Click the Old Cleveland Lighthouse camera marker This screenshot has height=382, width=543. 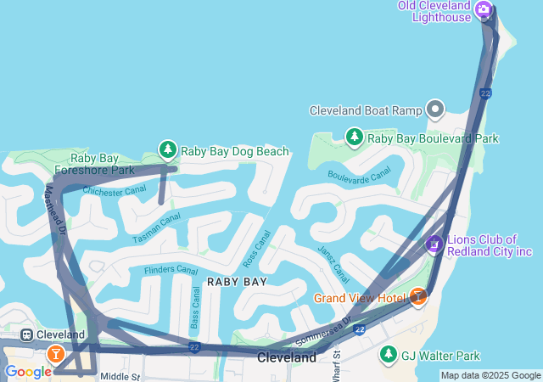tap(484, 10)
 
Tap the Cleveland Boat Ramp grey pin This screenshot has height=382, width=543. tap(435, 110)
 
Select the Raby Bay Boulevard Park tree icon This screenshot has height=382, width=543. tap(355, 138)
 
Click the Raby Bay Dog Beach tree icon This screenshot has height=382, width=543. tap(168, 150)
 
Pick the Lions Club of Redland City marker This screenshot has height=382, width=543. tap(434, 244)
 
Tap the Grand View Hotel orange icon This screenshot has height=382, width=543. tap(417, 297)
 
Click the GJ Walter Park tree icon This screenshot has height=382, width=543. tap(389, 355)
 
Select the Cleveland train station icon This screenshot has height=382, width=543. tap(27, 335)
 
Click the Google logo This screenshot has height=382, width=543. tap(28, 372)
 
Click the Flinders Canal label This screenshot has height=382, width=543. tap(171, 270)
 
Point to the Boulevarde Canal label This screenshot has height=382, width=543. tap(359, 174)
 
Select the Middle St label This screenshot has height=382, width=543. tap(119, 376)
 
